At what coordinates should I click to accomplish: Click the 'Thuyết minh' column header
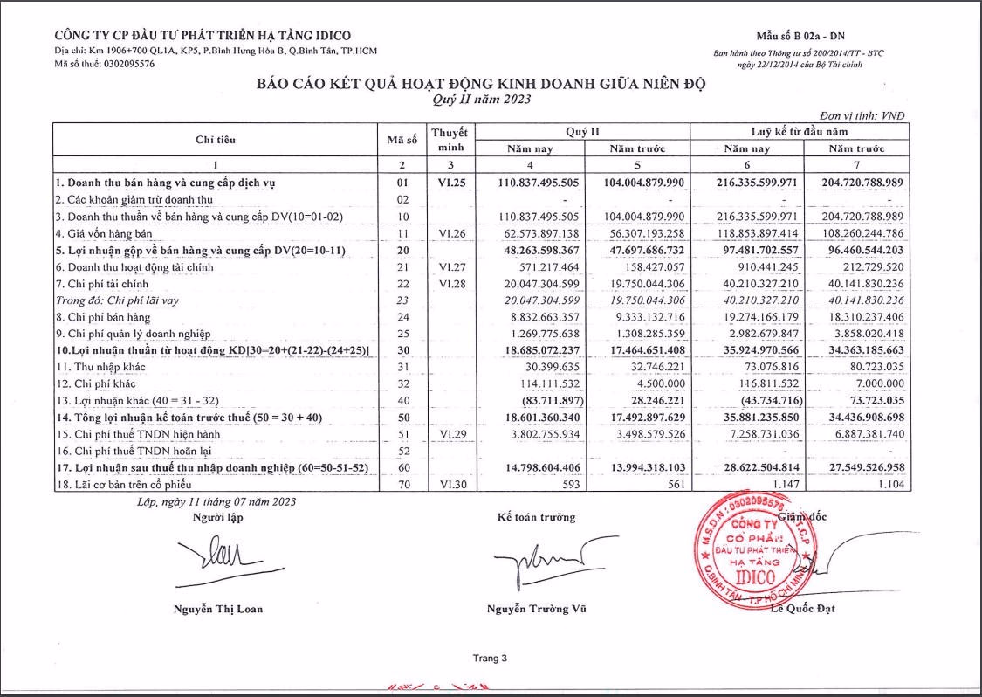[450, 140]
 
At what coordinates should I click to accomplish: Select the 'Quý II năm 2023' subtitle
[481, 100]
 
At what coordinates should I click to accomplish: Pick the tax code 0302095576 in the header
[124, 64]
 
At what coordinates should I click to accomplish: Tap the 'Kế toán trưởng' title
[536, 517]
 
